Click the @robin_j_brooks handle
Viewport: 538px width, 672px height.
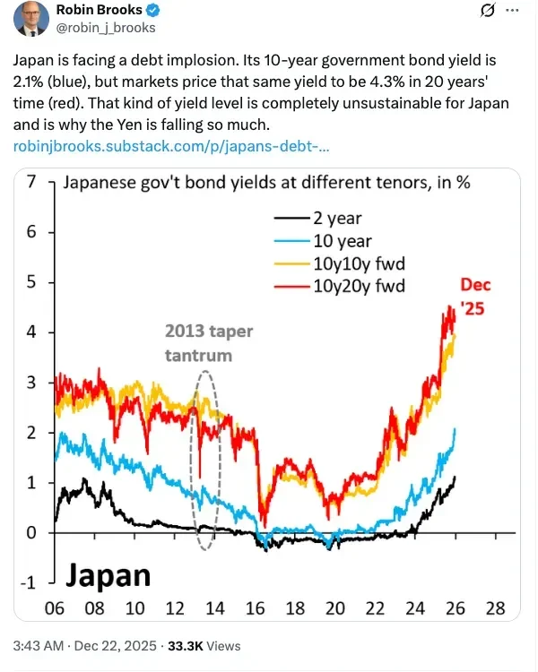(106, 28)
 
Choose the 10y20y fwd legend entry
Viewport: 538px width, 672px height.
(357, 286)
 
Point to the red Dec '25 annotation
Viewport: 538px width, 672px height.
(476, 295)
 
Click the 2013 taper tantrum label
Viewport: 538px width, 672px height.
(209, 343)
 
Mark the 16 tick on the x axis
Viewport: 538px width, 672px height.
(256, 607)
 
